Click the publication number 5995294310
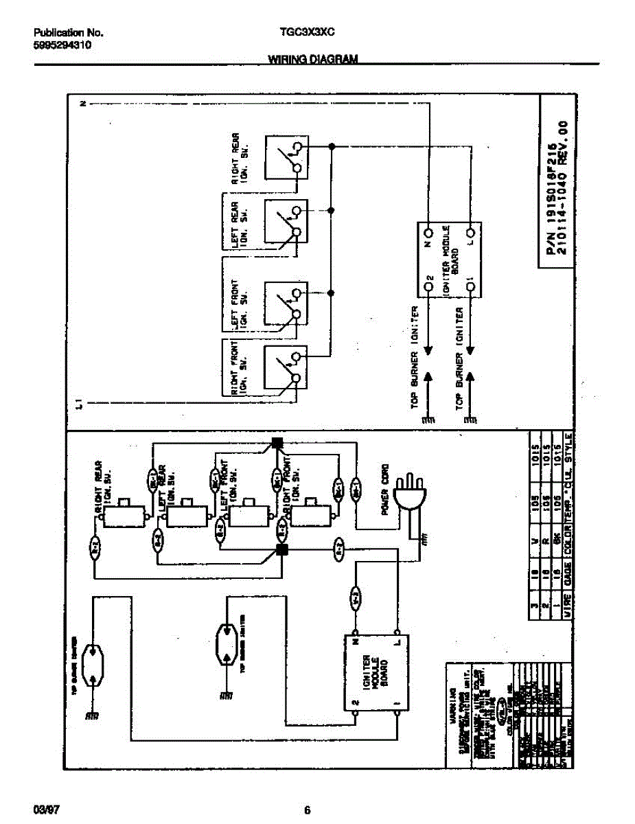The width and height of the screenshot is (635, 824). [x=63, y=45]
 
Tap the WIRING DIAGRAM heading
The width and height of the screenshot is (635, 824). [x=312, y=60]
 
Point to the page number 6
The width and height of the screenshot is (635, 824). [x=308, y=808]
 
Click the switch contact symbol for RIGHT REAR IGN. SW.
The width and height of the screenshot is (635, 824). [x=285, y=157]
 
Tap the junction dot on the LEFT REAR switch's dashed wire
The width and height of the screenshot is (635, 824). [x=332, y=210]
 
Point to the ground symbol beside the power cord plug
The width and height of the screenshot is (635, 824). [x=424, y=541]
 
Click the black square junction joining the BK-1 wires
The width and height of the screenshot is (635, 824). [x=277, y=443]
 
